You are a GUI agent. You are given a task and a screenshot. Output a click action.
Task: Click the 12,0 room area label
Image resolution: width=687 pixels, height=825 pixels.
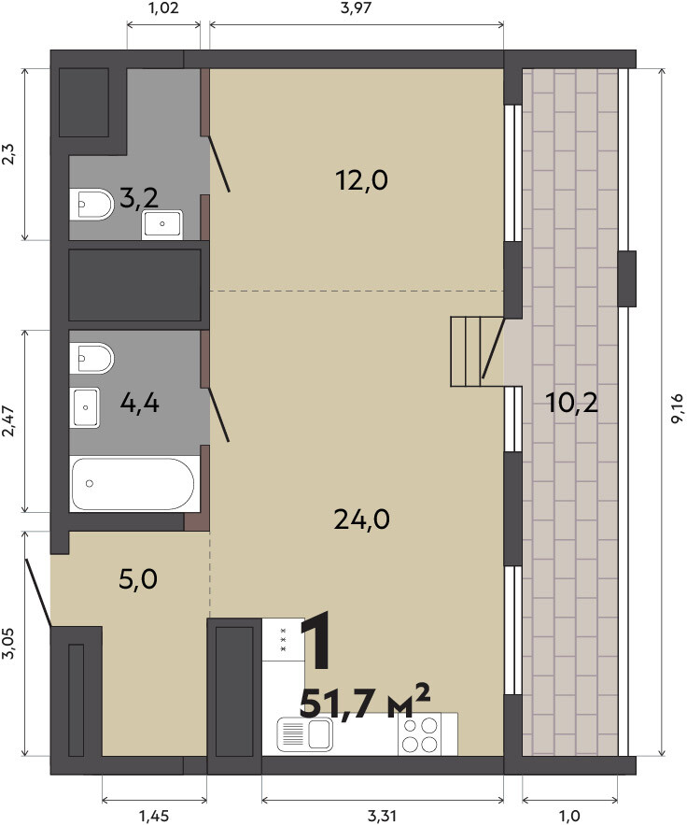(x=361, y=180)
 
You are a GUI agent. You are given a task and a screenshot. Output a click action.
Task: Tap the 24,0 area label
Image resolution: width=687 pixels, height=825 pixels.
(x=361, y=519)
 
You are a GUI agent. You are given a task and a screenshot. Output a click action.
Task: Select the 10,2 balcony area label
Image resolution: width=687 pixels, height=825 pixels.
(x=571, y=404)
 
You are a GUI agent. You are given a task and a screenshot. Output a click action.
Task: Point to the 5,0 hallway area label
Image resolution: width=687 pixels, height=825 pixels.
(x=138, y=580)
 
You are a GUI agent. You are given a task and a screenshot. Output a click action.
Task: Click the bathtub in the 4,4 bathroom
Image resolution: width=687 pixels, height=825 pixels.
(x=134, y=484)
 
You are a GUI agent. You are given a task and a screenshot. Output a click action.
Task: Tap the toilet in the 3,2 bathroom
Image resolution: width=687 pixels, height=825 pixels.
(x=91, y=204)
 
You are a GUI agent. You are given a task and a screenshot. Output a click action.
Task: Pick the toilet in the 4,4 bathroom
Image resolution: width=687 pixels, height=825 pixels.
(x=91, y=358)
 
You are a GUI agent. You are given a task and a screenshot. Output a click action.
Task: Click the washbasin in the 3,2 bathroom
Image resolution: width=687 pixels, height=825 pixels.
(x=161, y=224)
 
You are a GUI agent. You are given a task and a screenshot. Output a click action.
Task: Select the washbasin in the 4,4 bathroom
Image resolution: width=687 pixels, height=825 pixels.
(x=85, y=407)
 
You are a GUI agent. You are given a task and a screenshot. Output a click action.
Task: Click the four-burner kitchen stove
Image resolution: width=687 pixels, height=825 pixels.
(x=420, y=734)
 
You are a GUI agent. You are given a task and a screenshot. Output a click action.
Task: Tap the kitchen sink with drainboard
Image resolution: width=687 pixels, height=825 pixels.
(x=305, y=734)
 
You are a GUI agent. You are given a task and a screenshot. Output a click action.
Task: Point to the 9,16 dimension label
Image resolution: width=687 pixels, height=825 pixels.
(x=677, y=408)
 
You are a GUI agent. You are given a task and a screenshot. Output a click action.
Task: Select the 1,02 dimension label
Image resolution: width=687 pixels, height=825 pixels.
(x=164, y=8)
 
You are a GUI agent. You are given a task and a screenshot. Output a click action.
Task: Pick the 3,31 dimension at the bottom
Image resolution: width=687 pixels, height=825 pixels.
(x=382, y=816)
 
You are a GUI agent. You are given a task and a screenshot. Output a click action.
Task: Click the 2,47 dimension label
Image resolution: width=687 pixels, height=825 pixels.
(x=9, y=421)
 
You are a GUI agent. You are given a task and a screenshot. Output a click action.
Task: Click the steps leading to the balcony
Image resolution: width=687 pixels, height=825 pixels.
(x=467, y=351)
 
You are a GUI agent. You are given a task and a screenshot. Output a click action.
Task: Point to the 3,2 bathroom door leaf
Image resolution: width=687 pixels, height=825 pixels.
(x=219, y=164)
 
